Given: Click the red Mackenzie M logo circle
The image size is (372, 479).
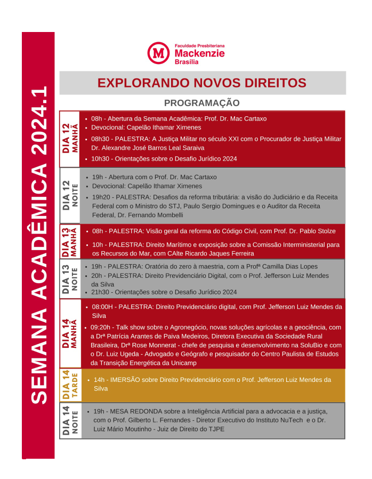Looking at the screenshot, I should pos(158,53).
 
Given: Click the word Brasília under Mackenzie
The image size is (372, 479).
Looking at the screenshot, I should pos(187,62).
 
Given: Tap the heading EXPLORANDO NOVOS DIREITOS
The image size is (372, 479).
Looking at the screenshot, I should pos(202,83).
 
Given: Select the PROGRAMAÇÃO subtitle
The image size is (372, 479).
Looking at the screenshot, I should pos(201,103).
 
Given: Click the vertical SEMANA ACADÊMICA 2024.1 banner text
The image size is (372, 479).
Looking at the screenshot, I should pos(38,244).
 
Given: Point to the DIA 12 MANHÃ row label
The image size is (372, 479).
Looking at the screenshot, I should pos(70,139).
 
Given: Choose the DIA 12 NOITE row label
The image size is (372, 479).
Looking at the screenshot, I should pos(70,195).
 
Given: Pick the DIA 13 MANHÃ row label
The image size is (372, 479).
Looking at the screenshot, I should pos(70,241).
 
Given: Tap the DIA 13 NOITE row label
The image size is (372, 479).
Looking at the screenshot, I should pos(70,278).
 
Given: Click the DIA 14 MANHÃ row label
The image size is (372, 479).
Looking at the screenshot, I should pos(70,333).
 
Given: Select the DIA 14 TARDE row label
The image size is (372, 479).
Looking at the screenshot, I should pos(70,385).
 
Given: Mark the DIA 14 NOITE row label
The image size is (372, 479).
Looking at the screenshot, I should pos(70,421).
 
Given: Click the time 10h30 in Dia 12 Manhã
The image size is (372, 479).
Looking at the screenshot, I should pos(100,158).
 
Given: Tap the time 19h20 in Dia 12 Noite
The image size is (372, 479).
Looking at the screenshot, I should pos(101,197).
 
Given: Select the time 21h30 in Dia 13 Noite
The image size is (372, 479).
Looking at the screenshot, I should pos(100,292).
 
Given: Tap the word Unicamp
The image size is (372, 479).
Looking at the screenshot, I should pos(184,363).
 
